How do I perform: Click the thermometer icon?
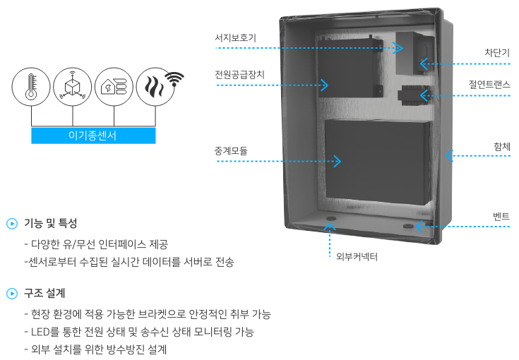pyautogui.click(x=31, y=87)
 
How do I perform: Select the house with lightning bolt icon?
pyautogui.click(x=114, y=87)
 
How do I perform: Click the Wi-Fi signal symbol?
pyautogui.click(x=174, y=79)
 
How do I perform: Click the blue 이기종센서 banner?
pyautogui.click(x=93, y=136)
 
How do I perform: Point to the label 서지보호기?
pyautogui.click(x=235, y=37)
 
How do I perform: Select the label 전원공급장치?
pyautogui.click(x=239, y=74)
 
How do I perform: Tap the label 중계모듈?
pyautogui.click(x=231, y=151)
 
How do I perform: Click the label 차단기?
pyautogui.click(x=497, y=53)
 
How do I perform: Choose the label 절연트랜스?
pyautogui.click(x=489, y=85)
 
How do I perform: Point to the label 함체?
pyautogui.click(x=502, y=146)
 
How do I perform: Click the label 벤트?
pyautogui.click(x=501, y=217)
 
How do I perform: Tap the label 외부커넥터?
pyautogui.click(x=357, y=256)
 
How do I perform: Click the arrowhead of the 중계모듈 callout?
pyautogui.click(x=338, y=161)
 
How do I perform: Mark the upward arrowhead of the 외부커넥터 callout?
pyautogui.click(x=330, y=227)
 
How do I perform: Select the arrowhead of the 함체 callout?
pyautogui.click(x=449, y=155)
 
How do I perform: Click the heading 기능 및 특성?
pyautogui.click(x=50, y=223)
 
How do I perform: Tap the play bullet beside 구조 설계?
pyautogui.click(x=12, y=294)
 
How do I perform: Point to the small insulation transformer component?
pyautogui.click(x=414, y=95)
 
